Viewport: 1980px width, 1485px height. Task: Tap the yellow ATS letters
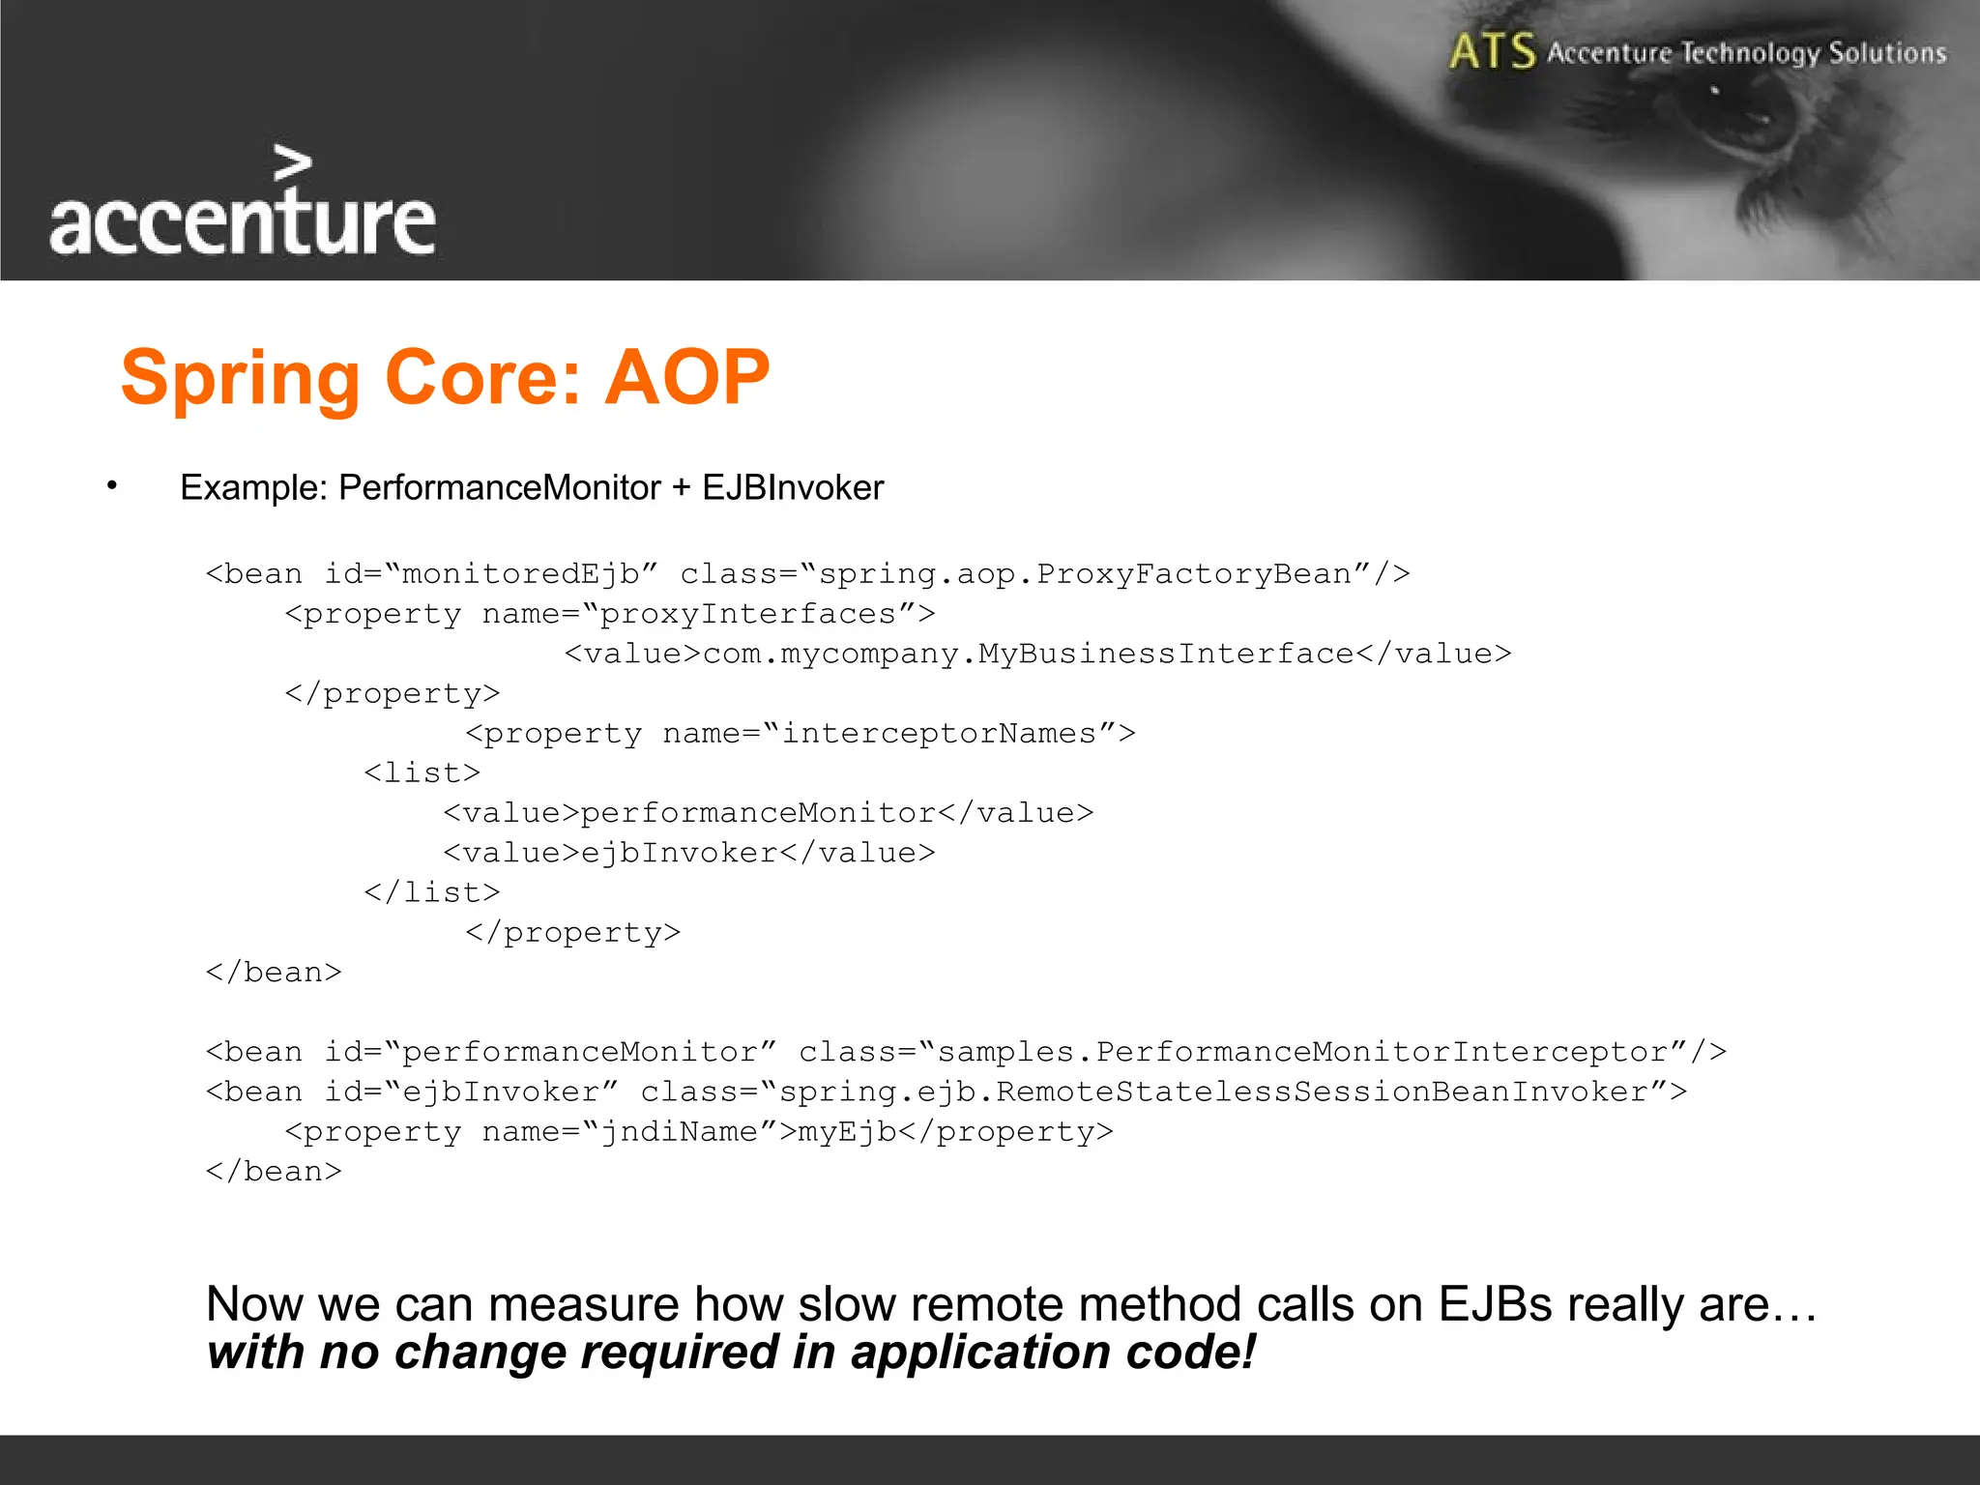pos(1492,51)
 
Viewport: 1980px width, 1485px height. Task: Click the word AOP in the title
pos(687,377)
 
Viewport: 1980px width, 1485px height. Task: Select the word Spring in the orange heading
pos(240,379)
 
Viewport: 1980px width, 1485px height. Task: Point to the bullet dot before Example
pos(112,485)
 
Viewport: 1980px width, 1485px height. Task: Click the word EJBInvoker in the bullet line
pos(793,487)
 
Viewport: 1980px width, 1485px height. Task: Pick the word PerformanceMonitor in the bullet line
pos(499,487)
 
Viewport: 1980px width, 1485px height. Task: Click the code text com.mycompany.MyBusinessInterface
pos(1028,654)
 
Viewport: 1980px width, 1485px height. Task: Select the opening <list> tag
pos(422,772)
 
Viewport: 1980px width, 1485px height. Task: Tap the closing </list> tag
pos(431,891)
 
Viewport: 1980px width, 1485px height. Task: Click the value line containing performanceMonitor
pos(768,812)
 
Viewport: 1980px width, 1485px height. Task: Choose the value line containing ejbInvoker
pos(688,852)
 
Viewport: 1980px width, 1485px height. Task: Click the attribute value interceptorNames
pos(939,733)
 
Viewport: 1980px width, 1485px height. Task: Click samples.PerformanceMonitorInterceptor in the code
pos(1304,1051)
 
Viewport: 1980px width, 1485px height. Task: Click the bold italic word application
pos(981,1352)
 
